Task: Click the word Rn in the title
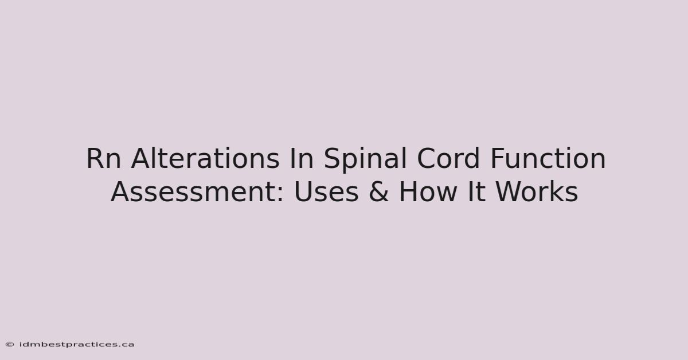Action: click(104, 158)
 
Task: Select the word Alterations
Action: click(205, 158)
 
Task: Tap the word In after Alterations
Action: click(302, 158)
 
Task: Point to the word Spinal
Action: click(366, 160)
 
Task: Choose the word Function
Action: click(548, 158)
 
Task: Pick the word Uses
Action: click(326, 192)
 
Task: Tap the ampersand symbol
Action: click(378, 192)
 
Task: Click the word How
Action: click(428, 192)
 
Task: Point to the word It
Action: click(476, 192)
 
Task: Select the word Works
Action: click(537, 191)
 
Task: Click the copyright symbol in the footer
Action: click(10, 345)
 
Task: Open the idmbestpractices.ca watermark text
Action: click(77, 345)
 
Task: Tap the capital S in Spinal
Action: click(333, 158)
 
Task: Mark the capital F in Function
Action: click(498, 158)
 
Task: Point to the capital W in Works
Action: click(510, 192)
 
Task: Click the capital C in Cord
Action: click(427, 158)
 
